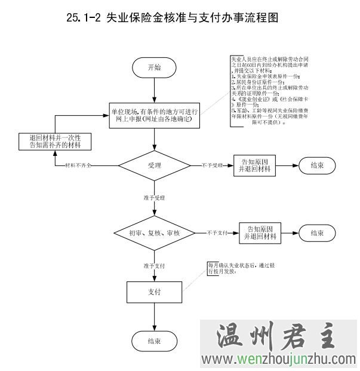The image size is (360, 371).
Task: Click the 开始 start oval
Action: point(154,68)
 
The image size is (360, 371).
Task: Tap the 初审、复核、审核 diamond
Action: point(155,232)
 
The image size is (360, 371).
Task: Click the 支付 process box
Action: point(154,293)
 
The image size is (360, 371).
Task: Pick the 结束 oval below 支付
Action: point(154,341)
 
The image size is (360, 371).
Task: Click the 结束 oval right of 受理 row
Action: point(316,165)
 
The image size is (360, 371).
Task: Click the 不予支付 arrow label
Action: point(219,232)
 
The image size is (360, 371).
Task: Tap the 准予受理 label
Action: point(154,197)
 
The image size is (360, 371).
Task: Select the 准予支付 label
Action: point(154,265)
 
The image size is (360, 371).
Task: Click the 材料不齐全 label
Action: point(79,164)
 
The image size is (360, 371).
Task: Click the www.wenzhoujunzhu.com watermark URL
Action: point(281,359)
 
